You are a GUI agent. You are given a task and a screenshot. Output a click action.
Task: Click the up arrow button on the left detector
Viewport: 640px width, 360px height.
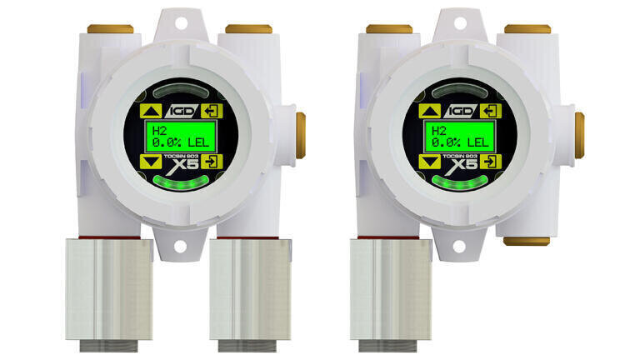(151, 111)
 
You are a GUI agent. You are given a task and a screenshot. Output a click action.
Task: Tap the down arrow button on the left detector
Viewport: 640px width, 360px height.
(151, 162)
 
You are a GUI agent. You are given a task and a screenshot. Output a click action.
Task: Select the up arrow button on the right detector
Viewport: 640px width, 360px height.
(430, 111)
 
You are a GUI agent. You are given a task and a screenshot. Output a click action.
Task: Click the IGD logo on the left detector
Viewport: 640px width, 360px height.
(181, 111)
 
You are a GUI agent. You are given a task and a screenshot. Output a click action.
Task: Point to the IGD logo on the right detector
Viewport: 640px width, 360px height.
(460, 111)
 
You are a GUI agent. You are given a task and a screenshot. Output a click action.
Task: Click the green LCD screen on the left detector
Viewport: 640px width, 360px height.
(180, 137)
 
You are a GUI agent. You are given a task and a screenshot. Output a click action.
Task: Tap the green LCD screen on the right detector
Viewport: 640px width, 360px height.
(460, 137)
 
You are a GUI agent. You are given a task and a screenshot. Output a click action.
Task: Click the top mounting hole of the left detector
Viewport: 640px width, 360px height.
(181, 23)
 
